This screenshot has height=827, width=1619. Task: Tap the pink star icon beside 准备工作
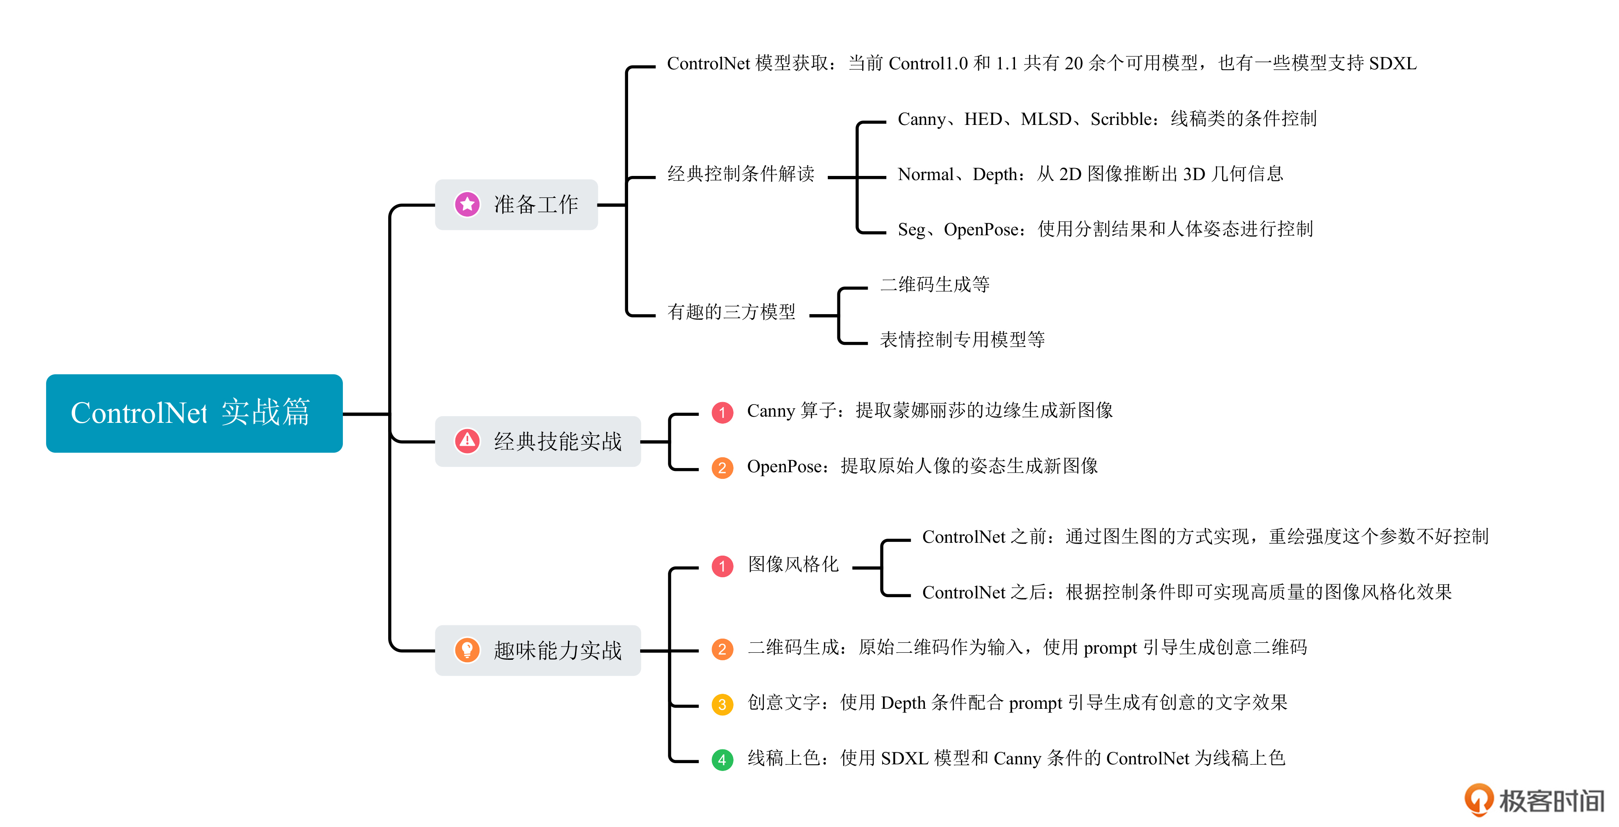[467, 204]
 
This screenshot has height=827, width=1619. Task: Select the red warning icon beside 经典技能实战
[467, 441]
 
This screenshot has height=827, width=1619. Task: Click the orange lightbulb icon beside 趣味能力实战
[467, 650]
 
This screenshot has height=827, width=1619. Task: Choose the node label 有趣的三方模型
[731, 312]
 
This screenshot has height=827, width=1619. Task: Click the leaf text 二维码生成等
[934, 284]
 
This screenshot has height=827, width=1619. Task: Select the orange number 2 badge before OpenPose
[722, 468]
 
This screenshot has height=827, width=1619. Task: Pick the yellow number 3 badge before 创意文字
[722, 705]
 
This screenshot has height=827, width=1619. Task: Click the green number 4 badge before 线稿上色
[722, 760]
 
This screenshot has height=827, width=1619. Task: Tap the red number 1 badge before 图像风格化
[722, 566]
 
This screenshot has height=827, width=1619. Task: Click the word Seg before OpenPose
[911, 229]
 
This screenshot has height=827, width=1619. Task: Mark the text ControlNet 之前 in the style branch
[983, 537]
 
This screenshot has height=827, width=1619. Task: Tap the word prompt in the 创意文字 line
[1035, 703]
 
